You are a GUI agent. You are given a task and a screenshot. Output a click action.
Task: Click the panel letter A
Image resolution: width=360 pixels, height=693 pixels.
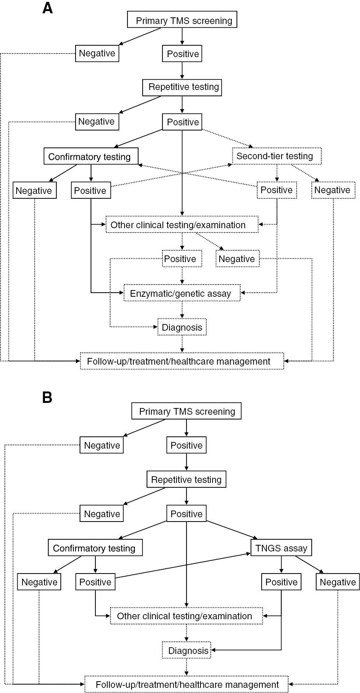(48, 8)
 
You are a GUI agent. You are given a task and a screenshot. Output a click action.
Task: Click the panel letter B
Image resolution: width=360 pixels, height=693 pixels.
(47, 398)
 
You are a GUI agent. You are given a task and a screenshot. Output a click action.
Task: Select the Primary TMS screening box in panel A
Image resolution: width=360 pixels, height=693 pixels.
(182, 20)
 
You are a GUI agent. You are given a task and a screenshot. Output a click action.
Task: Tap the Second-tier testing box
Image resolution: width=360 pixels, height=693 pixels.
(277, 156)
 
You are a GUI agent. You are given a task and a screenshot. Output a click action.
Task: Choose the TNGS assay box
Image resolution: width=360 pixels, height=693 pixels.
(282, 548)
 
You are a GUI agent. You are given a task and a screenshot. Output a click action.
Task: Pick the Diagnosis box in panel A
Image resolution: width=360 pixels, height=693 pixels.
(182, 327)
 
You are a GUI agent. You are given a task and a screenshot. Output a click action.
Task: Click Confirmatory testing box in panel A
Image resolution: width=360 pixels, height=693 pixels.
(91, 156)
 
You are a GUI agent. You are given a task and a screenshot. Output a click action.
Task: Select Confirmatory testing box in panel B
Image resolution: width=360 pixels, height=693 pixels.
(95, 548)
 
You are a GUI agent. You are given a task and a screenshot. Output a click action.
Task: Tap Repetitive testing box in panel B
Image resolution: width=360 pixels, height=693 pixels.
(186, 480)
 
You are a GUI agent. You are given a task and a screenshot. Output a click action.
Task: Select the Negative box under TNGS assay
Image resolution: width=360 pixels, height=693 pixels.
(338, 582)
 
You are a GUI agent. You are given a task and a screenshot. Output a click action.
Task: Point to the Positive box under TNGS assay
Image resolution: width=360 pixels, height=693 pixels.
(282, 582)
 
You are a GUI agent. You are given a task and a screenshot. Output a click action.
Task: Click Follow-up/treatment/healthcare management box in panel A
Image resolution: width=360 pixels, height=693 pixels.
(182, 361)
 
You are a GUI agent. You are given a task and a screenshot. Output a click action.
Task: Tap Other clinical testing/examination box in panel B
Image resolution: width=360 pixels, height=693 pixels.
(186, 616)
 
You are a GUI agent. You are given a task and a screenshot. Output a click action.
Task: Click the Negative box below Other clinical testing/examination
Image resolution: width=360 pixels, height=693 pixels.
(237, 259)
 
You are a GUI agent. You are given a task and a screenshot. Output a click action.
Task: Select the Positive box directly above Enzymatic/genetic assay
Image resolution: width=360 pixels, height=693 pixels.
(182, 259)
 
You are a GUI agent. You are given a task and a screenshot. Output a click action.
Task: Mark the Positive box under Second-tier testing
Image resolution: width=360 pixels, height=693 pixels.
(277, 190)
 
